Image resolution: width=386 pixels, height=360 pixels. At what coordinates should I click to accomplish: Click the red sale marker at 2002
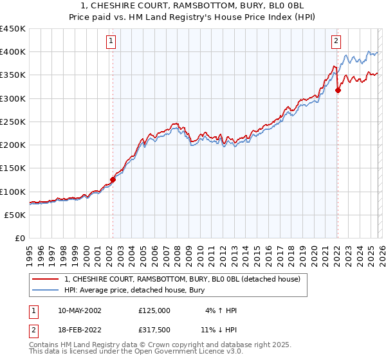(x=113, y=180)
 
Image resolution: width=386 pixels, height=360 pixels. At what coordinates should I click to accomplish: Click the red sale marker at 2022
(x=338, y=91)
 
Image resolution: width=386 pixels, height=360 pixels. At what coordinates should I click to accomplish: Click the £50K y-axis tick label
(x=15, y=215)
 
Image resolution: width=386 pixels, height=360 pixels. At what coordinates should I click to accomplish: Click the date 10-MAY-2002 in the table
(x=80, y=310)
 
